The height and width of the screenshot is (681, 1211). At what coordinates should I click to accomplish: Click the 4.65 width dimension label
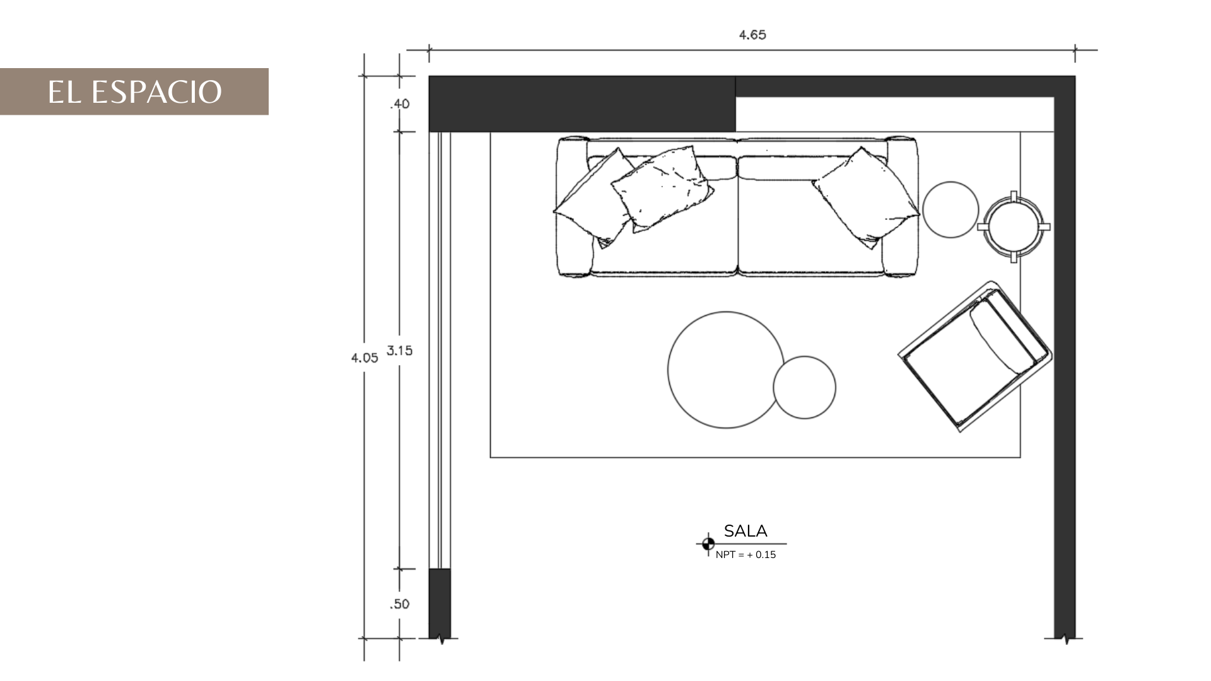click(x=752, y=35)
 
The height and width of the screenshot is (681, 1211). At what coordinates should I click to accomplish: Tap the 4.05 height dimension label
click(x=365, y=358)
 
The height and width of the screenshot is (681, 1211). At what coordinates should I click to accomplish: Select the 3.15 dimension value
click(x=399, y=351)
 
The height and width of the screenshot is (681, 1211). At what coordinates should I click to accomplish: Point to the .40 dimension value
click(x=400, y=103)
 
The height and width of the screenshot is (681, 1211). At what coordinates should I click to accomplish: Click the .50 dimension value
click(x=399, y=604)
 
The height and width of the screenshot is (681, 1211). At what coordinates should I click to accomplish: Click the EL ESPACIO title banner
click(x=134, y=91)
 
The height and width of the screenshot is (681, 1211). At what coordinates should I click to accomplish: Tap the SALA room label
click(x=746, y=531)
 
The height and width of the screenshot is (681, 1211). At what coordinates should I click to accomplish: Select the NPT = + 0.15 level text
click(x=746, y=555)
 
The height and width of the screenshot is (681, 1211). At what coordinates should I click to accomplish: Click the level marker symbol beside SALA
click(x=708, y=544)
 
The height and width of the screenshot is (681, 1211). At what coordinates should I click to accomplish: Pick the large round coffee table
click(x=725, y=370)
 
